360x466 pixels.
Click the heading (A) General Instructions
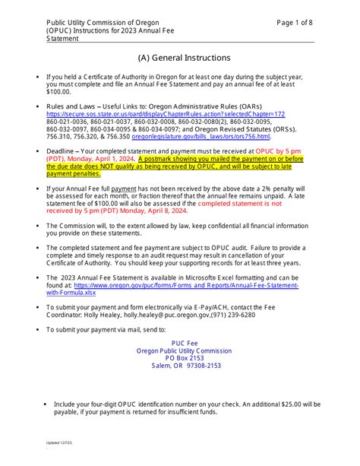pos(181,57)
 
